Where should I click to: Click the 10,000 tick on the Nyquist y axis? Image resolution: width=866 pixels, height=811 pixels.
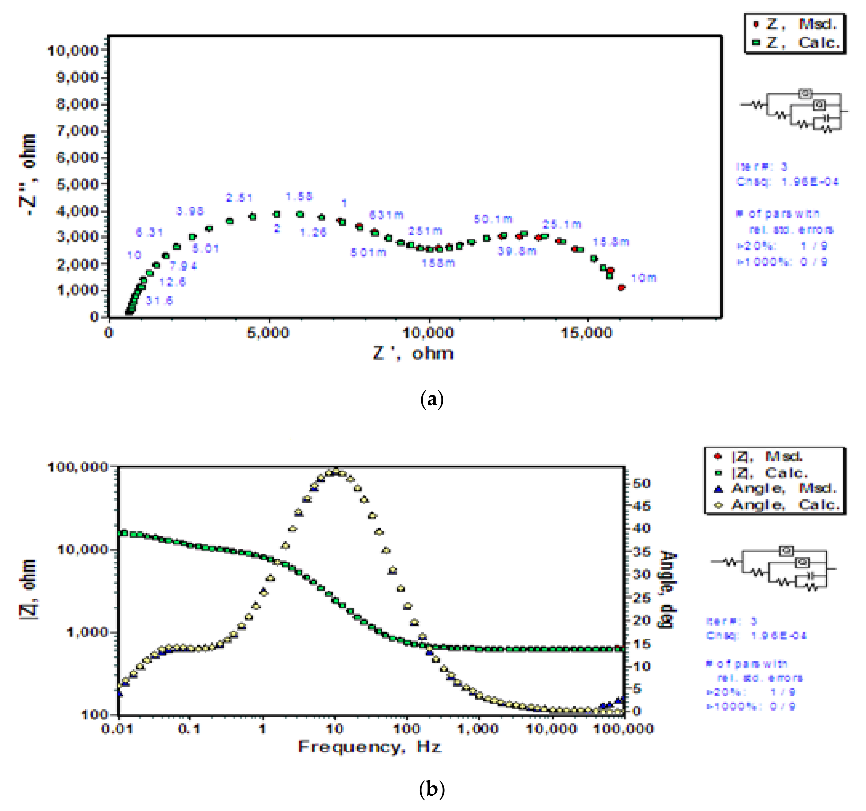[x=73, y=50]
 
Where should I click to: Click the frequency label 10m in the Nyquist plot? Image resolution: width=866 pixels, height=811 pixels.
[x=643, y=278]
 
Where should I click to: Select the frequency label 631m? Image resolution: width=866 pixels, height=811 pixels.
[x=386, y=215]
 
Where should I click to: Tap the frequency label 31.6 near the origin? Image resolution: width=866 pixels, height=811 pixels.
[x=159, y=301]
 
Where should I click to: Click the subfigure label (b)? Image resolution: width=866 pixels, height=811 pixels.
[x=432, y=789]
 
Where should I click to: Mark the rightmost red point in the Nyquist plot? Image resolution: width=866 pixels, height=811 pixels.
[x=621, y=288]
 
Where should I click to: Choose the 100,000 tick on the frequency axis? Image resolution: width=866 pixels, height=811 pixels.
[x=624, y=729]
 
